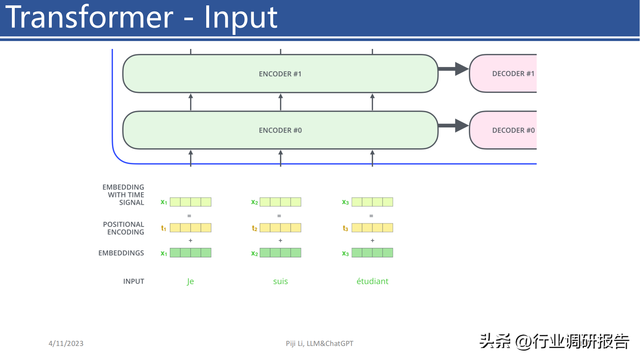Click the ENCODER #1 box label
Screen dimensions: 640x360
pos(280,74)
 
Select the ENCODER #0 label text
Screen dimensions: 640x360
pos(280,130)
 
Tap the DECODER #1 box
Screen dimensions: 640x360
pos(503,73)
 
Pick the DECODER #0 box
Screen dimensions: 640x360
pos(503,130)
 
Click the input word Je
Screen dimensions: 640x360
pos(190,282)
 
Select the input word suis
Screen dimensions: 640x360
pos(280,282)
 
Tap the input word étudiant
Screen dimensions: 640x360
pos(372,281)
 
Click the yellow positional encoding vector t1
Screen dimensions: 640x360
pos(190,228)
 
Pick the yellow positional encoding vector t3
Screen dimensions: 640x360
pos(372,228)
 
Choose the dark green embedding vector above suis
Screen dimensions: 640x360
pos(280,253)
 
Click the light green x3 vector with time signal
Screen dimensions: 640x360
pos(372,202)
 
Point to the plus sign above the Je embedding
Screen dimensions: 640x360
pos(190,240)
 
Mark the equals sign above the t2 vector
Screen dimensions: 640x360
pos(279,216)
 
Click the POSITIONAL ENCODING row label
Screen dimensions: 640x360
pos(123,228)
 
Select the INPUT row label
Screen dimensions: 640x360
pos(134,282)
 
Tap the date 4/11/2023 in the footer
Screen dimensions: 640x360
pos(66,343)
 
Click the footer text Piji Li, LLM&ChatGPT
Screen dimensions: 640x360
pos(320,343)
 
